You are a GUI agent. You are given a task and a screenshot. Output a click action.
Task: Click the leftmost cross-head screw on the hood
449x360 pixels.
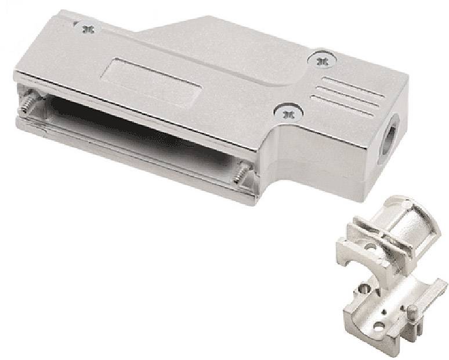88,27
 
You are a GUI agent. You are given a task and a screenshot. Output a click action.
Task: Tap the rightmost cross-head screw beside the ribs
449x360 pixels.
323,59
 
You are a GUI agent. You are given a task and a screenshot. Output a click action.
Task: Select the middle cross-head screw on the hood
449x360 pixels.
284,112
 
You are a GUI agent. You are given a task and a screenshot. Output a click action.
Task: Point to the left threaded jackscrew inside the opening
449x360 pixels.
27,105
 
